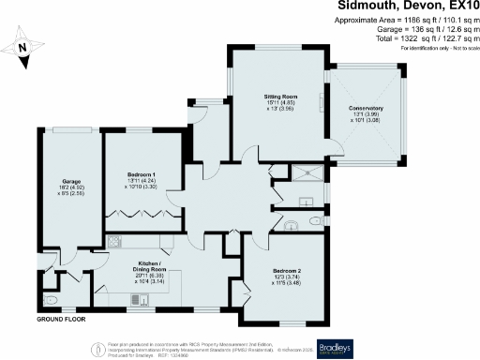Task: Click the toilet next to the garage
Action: coord(52,300)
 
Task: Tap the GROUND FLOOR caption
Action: coord(64,320)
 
